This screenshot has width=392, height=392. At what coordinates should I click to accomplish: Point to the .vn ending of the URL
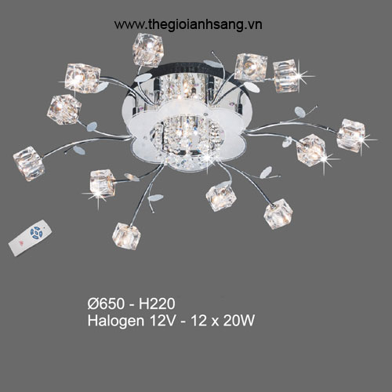[x=254, y=25]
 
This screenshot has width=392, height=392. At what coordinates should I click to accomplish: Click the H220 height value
[x=157, y=303]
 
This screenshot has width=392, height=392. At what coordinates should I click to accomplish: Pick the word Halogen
[x=116, y=321]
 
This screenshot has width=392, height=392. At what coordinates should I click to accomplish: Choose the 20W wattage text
[x=238, y=321]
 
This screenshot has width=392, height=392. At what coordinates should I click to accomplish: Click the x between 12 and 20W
[x=215, y=322]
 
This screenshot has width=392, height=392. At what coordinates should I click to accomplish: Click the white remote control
[x=30, y=238]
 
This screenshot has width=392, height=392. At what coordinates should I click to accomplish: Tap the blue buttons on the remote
[x=36, y=232]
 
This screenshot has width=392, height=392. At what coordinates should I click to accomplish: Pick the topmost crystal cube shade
[x=148, y=49]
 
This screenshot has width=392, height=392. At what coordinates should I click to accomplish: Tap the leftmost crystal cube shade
[x=29, y=163]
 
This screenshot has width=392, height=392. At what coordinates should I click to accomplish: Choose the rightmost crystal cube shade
[x=350, y=135]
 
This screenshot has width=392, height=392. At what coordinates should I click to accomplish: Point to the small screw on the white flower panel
[x=206, y=114]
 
